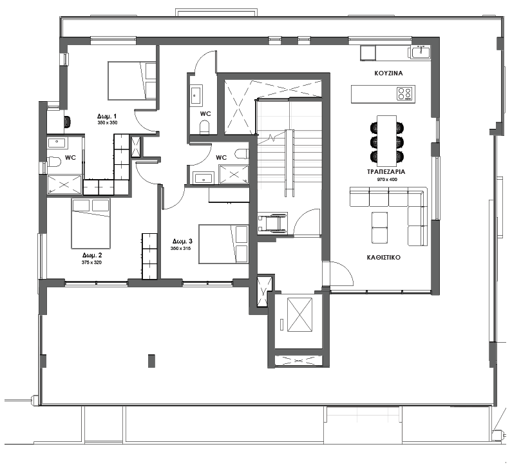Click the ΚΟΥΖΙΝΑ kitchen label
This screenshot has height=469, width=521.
coord(388,73)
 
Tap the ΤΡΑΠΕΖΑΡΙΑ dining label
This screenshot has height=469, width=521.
coord(386,172)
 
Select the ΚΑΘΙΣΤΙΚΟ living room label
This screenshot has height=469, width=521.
coord(384,257)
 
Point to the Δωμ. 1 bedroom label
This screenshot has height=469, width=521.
coord(107,117)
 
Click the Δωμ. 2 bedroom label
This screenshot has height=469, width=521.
coord(92,255)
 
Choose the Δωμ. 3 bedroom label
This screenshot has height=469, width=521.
coord(182,242)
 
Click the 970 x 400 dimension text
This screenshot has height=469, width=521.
coord(387,180)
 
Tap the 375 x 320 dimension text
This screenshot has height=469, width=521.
coord(91,263)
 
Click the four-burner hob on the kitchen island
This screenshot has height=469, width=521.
coord(404,93)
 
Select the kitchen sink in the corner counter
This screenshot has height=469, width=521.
coord(421,52)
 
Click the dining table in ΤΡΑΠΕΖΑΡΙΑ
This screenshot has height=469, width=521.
coord(387,140)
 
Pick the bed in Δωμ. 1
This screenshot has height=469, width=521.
coord(132,81)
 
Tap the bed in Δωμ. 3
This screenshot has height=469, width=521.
coord(223,244)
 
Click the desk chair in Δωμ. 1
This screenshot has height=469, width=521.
coord(68,122)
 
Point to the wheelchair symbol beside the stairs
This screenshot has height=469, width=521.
coord(272,223)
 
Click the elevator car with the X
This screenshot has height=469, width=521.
coord(299,314)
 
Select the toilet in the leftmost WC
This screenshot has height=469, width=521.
coord(54,162)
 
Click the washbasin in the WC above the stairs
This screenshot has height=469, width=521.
coord(196,95)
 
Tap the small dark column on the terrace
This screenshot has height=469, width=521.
coord(151,361)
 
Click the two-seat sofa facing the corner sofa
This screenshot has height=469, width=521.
coord(379,227)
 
